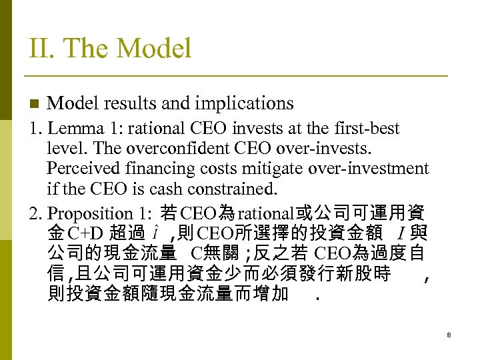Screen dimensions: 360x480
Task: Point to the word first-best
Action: click(371, 128)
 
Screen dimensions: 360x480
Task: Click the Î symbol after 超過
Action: click(155, 233)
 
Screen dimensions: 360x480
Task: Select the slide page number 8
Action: click(449, 335)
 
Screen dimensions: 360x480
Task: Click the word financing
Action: click(175, 168)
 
